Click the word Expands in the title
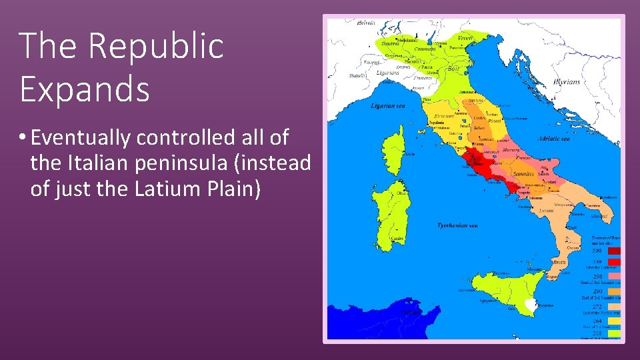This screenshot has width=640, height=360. pos(85,89)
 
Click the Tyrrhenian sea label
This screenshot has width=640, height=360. pos(457,225)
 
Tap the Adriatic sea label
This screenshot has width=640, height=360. pos(553,139)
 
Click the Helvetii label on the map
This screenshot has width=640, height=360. pos(366,23)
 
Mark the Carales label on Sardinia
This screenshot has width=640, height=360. pos(397,238)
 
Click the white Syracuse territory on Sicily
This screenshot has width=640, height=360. pos(531,304)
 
